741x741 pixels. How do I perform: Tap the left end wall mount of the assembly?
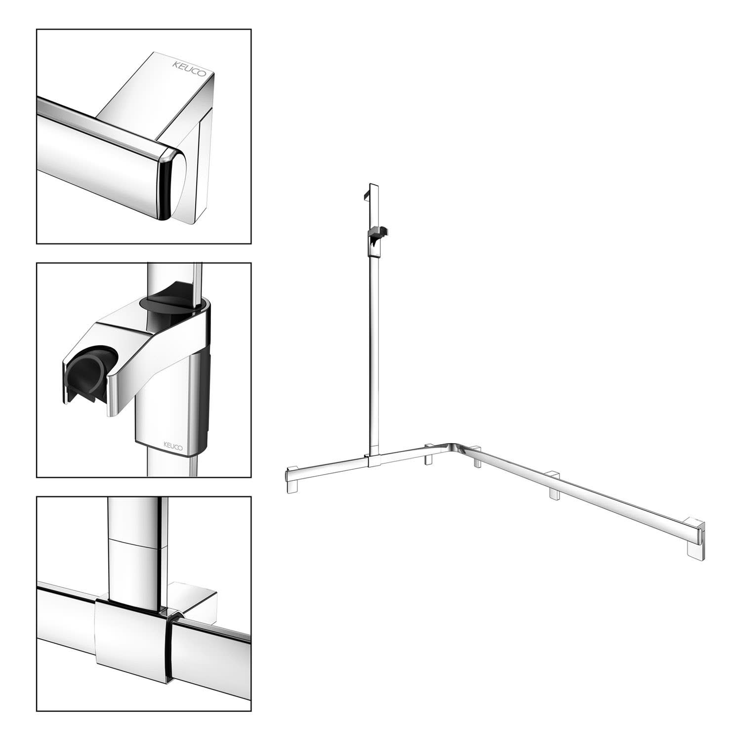pyautogui.click(x=292, y=479)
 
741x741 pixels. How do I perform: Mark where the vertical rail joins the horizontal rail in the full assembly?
pyautogui.click(x=373, y=460)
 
